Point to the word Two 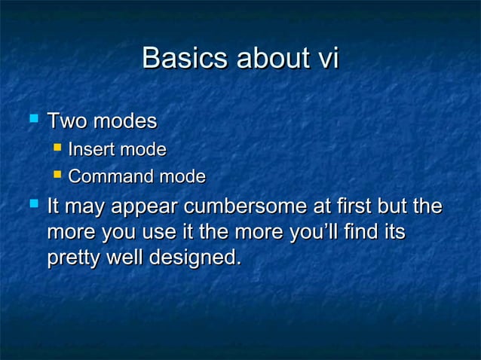coord(66,121)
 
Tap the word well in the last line coord(124,258)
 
